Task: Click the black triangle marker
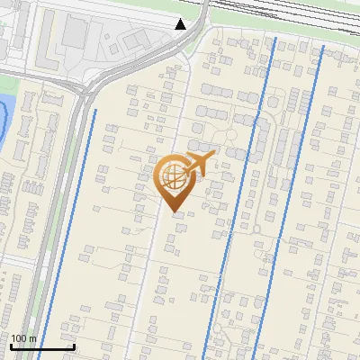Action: click(181, 24)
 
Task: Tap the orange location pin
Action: click(175, 181)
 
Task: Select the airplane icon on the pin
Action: click(200, 163)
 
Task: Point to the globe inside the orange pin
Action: click(174, 175)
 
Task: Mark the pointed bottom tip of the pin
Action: click(175, 212)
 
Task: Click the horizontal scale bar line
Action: click(42, 347)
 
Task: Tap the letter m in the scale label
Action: click(32, 338)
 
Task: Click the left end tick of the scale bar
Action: click(11, 346)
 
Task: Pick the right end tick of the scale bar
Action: click(74, 346)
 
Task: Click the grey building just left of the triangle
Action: click(138, 40)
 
